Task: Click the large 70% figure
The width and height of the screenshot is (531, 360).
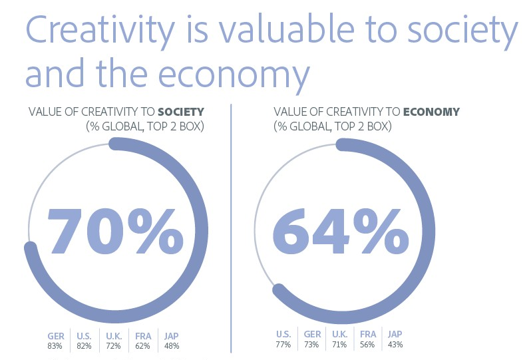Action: click(116, 231)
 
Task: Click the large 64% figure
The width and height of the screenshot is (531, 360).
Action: click(341, 231)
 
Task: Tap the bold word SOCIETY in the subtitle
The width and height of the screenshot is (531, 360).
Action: click(181, 112)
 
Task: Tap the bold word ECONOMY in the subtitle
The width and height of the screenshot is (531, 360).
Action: click(431, 112)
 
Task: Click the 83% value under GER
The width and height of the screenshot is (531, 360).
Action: click(55, 346)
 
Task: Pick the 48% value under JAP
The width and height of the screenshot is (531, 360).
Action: click(172, 346)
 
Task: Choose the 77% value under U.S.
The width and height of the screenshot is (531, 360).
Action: click(283, 345)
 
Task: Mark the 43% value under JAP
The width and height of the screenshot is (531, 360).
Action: click(395, 345)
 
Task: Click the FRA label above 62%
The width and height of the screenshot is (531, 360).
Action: click(143, 336)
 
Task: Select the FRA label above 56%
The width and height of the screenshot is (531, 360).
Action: click(368, 334)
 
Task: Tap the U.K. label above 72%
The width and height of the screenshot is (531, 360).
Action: click(114, 336)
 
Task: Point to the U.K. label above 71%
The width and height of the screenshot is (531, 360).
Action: click(339, 334)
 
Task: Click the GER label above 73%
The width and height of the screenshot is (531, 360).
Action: click(312, 334)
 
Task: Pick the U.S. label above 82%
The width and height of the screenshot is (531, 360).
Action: click(84, 336)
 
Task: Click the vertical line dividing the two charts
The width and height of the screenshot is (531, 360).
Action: click(231, 228)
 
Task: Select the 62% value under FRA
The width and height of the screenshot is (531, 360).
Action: click(142, 346)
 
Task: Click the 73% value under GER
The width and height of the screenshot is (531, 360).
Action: click(311, 345)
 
